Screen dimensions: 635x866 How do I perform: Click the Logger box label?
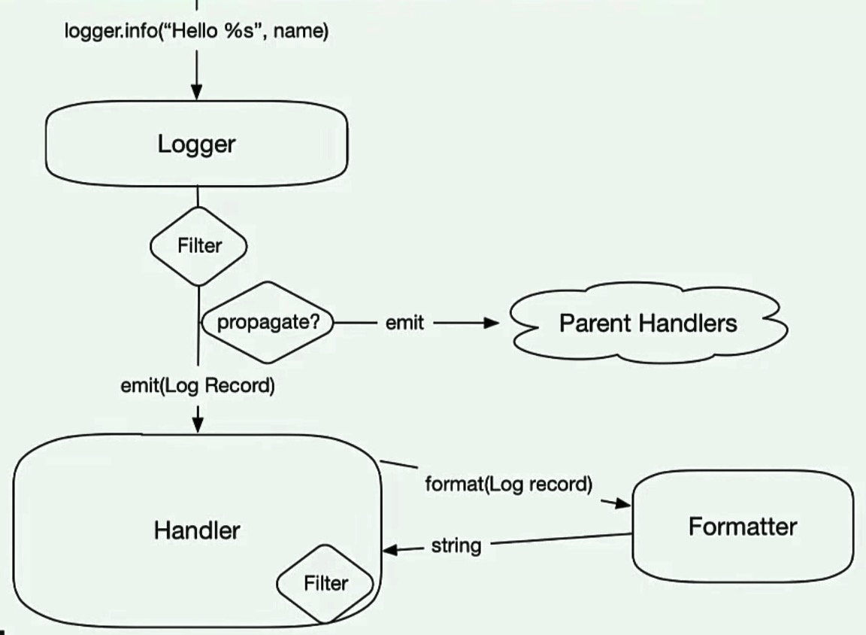coord(196,144)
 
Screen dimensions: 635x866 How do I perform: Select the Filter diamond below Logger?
coord(198,246)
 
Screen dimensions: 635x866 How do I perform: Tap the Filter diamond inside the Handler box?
coord(326,583)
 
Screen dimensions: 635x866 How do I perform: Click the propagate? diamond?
coord(268,323)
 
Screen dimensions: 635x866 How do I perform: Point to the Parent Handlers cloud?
coord(647,324)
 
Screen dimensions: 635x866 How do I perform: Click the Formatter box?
coord(742,527)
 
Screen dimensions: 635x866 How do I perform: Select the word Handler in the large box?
coord(197,530)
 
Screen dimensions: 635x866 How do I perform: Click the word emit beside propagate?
coord(404,324)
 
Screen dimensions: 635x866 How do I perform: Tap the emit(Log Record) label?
coord(198,387)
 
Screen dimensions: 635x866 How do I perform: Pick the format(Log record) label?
coord(508,484)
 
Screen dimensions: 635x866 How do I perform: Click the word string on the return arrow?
coord(456,545)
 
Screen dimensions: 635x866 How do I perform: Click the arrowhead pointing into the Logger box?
coord(196,92)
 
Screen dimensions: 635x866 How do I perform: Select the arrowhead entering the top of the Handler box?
coord(198,425)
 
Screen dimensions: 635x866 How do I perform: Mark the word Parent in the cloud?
coord(595,324)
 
